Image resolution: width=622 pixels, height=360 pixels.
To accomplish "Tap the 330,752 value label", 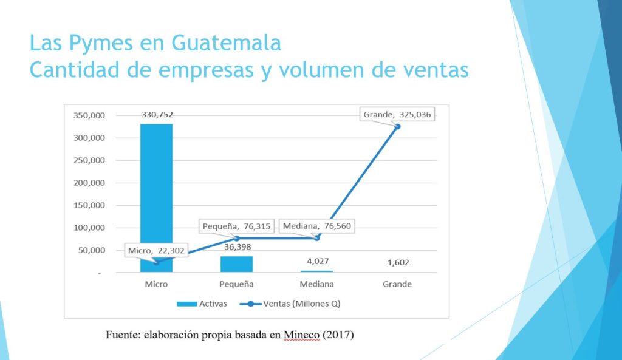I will coord(157,114).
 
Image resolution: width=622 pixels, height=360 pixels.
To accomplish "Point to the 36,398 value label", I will coord(238,247).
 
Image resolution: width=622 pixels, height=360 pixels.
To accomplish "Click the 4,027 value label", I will coord(317,262).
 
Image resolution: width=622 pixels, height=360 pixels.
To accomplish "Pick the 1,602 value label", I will coord(397,262).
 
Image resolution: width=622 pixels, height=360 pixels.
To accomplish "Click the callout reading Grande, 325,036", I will coord(398,114).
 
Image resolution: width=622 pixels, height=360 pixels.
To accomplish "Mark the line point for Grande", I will coord(397,126).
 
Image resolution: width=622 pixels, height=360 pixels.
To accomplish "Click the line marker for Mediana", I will coord(317,237).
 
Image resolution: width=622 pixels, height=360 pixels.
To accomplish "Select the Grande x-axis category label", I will coord(397,284).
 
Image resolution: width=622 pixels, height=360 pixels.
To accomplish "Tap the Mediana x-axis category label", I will coord(317,284).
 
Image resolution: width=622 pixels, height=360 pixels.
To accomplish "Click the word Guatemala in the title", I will coord(226,43).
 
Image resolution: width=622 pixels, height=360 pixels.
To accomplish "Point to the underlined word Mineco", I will coord(301,335).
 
